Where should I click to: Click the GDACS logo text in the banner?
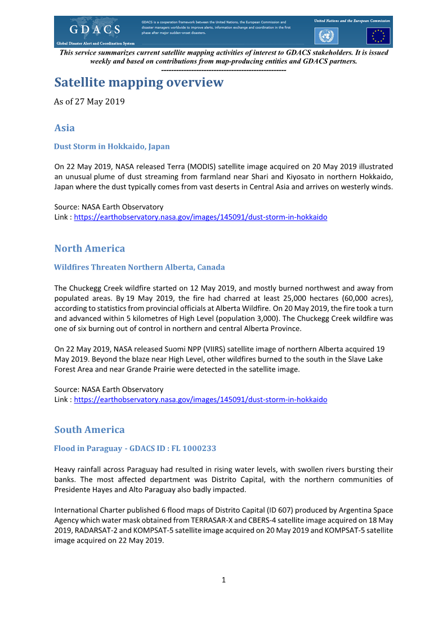tap(95, 29)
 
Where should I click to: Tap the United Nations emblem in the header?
tap(325, 36)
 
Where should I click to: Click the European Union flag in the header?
tap(378, 36)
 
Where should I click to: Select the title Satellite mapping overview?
tap(138, 83)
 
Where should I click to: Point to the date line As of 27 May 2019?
tap(89, 102)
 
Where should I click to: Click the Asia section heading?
tap(65, 128)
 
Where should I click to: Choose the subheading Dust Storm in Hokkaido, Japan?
tap(111, 146)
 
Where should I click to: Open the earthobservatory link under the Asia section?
tap(200, 217)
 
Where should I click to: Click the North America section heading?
tap(90, 248)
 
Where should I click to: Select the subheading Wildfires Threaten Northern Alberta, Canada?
tap(139, 267)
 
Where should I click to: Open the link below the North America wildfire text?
tap(200, 399)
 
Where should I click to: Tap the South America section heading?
tap(90, 430)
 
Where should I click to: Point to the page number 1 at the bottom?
tap(223, 580)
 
